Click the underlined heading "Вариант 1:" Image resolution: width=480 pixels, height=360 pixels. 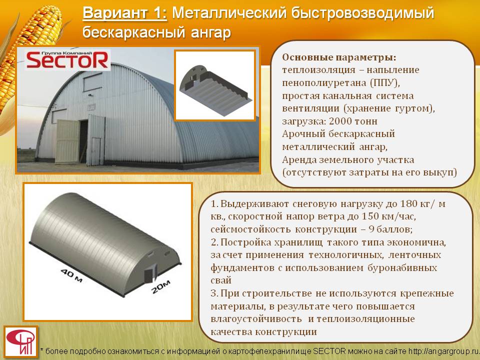pos(124,13)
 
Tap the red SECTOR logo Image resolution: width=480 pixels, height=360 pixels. pos(67,59)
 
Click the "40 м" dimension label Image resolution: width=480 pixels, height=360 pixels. pos(71,275)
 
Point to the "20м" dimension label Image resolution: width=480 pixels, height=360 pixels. pos(161,286)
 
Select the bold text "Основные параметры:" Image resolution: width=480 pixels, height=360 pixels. pos(339,57)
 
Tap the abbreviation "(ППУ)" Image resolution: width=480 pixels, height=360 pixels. pos(384,83)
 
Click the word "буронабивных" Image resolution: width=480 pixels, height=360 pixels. pos(402,268)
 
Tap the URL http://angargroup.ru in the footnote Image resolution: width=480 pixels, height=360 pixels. pos(443,351)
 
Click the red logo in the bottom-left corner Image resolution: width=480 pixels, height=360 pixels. pos(21,341)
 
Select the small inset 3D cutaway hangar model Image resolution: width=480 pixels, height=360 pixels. pos(215,86)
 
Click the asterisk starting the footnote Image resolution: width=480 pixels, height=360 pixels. pos(42,350)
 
